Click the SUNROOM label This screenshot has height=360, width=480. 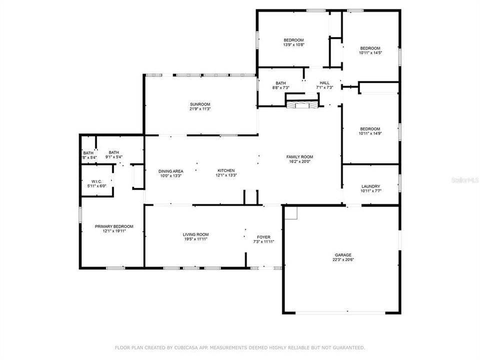(199, 104)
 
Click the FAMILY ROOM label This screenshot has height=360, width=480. (299, 156)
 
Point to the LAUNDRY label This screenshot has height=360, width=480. (370, 186)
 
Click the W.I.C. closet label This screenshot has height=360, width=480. (96, 181)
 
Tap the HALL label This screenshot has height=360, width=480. (324, 83)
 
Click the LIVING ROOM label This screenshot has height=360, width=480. (195, 234)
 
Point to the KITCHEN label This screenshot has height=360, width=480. (225, 170)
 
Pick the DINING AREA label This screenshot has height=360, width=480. (171, 170)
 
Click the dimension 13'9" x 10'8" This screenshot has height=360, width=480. (293, 45)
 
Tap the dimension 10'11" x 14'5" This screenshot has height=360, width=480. (370, 52)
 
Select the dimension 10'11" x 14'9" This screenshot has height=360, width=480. (370, 133)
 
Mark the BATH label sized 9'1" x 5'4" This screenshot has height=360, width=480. (114, 152)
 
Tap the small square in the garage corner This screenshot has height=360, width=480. (291, 213)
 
